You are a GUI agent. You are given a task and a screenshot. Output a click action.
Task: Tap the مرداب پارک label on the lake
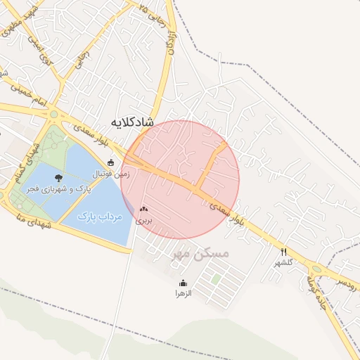pyautogui.click(x=100, y=217)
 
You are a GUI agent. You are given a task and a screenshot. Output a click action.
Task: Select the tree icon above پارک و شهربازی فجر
pyautogui.click(x=58, y=178)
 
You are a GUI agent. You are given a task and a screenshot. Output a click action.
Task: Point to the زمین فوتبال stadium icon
pyautogui.click(x=110, y=162)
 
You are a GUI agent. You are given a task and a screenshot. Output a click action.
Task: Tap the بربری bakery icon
pyautogui.click(x=144, y=209)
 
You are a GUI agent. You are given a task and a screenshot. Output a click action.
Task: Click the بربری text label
pyautogui.click(x=143, y=220)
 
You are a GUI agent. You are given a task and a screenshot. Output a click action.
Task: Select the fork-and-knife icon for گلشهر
pyautogui.click(x=284, y=252)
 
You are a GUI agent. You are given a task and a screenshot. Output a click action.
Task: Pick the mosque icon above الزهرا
pyautogui.click(x=183, y=283)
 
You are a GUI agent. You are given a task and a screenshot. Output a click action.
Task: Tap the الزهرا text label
pyautogui.click(x=183, y=294)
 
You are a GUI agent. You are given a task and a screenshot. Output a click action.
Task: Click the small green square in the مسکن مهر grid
pyautogui.click(x=217, y=278)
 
